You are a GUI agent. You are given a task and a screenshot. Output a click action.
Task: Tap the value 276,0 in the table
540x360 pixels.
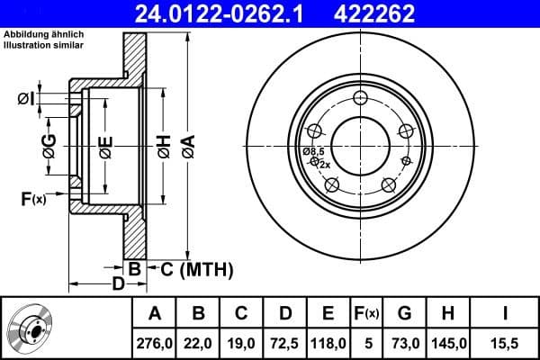tap(154, 342)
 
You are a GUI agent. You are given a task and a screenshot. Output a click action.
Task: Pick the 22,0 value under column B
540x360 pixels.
tap(198, 342)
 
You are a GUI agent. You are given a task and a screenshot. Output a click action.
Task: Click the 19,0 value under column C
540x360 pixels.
tap(241, 342)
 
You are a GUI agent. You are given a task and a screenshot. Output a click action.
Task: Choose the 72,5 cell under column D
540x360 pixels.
tap(284, 342)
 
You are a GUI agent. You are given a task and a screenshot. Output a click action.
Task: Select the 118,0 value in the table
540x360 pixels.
tap(328, 342)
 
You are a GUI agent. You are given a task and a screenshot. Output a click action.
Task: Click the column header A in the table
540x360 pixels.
tap(154, 313)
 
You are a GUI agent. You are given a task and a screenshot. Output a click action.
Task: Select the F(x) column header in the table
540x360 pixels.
tap(366, 313)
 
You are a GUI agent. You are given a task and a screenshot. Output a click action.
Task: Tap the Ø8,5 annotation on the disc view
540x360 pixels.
tap(313, 151)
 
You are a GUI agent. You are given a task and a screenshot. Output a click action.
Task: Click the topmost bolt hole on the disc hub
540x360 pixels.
tap(361, 99)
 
